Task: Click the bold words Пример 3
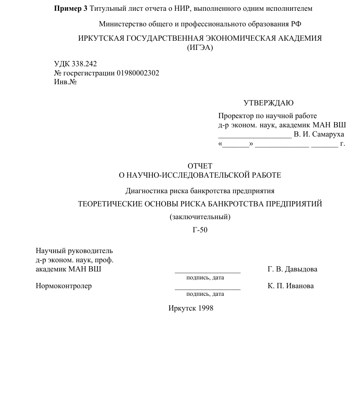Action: click(71, 9)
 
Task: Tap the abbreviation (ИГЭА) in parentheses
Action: click(200, 48)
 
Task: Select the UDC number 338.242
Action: click(84, 64)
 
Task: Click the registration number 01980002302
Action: click(138, 73)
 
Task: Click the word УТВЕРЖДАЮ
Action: click(268, 103)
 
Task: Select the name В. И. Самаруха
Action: click(318, 134)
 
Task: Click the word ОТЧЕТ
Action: click(200, 166)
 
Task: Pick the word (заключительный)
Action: click(200, 217)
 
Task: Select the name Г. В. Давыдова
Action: click(293, 269)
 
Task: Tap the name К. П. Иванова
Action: click(291, 286)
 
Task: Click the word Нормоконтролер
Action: click(64, 286)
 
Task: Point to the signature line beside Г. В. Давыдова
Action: click(208, 272)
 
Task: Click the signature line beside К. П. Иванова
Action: click(208, 289)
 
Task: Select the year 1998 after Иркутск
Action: click(205, 308)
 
